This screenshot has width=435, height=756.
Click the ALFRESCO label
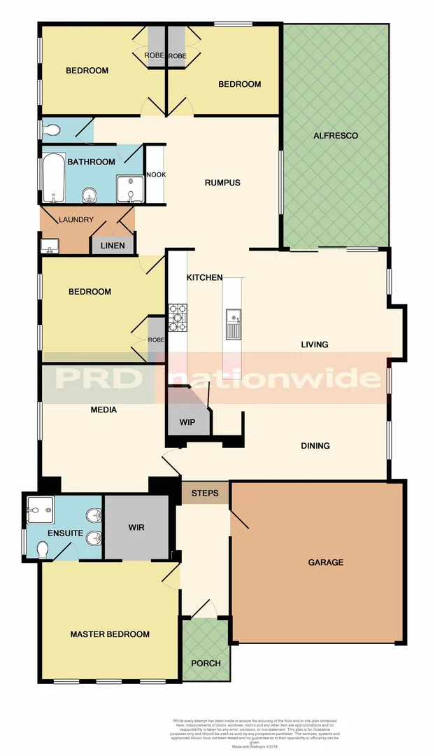coord(336,136)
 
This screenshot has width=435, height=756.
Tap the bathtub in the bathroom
coord(54,178)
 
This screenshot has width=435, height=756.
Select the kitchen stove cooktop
coord(178,317)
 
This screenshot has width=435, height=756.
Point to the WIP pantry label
coord(187,422)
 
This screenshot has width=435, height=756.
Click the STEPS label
coord(205,493)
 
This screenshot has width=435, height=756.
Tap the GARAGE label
coord(325,562)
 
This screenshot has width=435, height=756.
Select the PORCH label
coord(206,663)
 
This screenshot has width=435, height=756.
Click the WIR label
coord(136,527)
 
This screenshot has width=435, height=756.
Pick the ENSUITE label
coord(66,534)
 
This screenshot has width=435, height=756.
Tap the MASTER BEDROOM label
coord(110,634)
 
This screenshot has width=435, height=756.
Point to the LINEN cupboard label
coord(113,246)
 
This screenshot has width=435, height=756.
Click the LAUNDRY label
coord(76,220)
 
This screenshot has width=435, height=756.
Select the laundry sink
coord(49,246)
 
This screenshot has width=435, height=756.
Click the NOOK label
coord(155,175)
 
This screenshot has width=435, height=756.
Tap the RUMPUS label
coord(222,183)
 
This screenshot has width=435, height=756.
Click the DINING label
coord(315,446)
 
